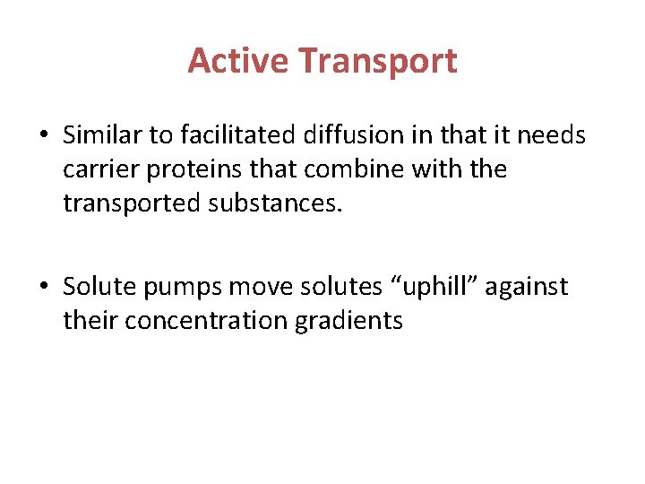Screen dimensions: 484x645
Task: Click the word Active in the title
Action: [x=238, y=61]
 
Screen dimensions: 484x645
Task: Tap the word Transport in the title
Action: [x=377, y=61]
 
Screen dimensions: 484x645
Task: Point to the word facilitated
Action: [x=238, y=135]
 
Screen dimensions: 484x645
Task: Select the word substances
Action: [x=276, y=203]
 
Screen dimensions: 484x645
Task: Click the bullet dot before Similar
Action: [x=44, y=136]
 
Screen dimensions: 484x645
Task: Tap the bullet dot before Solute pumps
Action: [x=44, y=288]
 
